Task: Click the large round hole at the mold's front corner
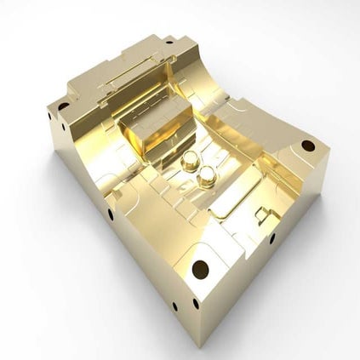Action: coord(200,270)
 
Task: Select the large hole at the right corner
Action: coord(307,146)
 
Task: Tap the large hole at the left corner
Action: coord(63,107)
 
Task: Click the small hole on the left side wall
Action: coord(111,214)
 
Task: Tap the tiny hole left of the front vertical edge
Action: coord(174,306)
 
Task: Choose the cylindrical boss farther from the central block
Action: coord(207,177)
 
